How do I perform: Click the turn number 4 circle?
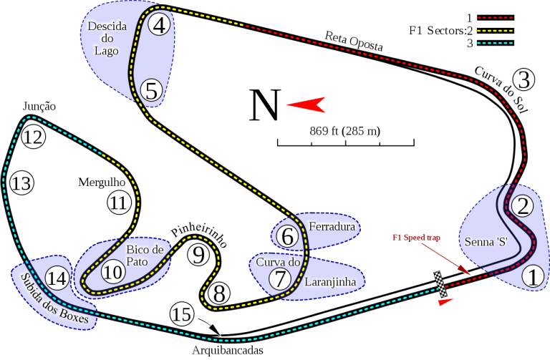(160, 26)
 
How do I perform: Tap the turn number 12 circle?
(32, 137)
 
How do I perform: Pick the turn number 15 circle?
(183, 314)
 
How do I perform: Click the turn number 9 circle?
(199, 254)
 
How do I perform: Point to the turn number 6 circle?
(286, 235)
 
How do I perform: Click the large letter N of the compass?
(264, 107)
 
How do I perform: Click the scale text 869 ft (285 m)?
(344, 131)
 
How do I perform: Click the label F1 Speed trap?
(415, 237)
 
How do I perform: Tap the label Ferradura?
(332, 226)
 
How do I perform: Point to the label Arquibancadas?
(228, 351)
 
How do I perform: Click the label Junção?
(39, 106)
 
